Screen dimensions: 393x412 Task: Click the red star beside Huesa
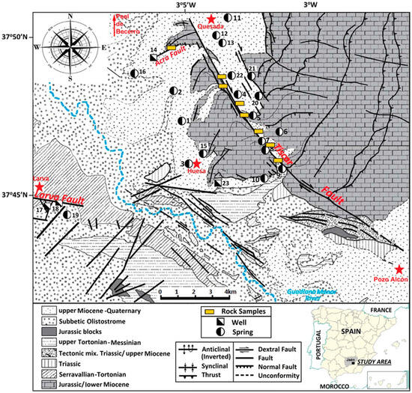tap(196, 163)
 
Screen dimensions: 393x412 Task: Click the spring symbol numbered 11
tap(228, 17)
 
